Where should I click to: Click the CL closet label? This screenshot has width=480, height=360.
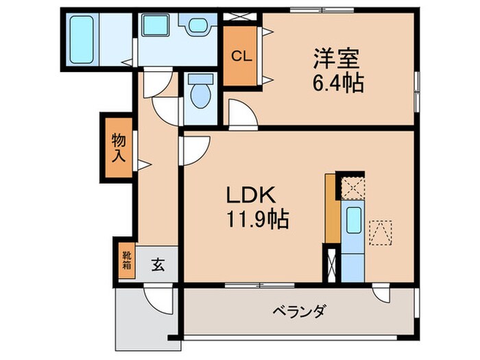click(x=241, y=56)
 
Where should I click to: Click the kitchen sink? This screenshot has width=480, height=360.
click(x=354, y=221)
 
